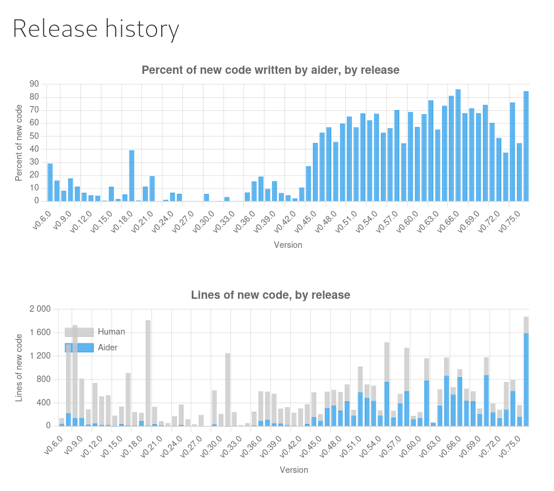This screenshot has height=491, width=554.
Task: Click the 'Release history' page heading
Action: point(96,29)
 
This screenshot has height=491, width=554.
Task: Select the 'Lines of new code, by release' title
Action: point(270,295)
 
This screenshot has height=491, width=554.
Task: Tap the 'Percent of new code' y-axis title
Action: point(19,142)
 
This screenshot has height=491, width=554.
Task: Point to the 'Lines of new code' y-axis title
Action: point(19,367)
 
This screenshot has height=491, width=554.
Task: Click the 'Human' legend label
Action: point(111,332)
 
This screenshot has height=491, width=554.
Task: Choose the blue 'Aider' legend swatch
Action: point(79,347)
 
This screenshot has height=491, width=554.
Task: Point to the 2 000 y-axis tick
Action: point(40,309)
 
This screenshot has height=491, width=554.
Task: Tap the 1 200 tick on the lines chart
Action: point(40,356)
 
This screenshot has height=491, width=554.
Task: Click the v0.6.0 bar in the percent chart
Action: point(50,182)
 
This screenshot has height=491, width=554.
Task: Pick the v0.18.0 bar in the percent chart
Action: point(132,176)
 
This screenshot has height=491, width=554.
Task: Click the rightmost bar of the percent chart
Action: point(526,146)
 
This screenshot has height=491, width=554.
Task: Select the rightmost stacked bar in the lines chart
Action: point(526,375)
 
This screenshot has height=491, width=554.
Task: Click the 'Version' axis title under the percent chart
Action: point(288,245)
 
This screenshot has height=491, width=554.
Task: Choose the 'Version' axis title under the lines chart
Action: point(294,470)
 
